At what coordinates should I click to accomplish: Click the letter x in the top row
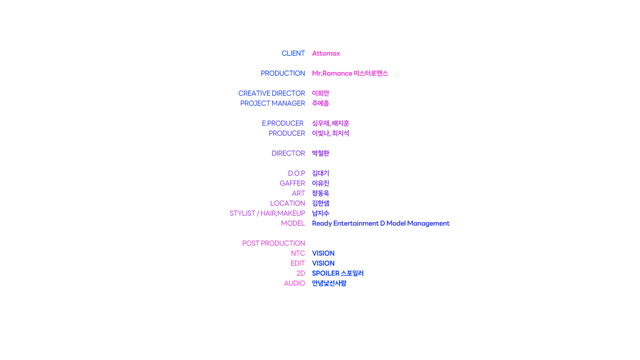tap(338, 54)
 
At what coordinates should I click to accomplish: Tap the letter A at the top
tap(313, 54)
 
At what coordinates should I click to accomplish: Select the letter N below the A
tap(313, 73)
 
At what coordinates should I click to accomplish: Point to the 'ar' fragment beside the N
tap(339, 73)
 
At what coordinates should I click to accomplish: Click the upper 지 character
tap(339, 123)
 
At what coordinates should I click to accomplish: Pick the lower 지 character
tap(339, 133)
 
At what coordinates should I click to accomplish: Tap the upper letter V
tap(313, 253)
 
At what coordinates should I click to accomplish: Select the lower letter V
tap(313, 263)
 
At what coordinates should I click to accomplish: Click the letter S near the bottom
tap(313, 273)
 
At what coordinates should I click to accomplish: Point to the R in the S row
tap(337, 273)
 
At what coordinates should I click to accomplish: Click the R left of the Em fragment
tap(313, 223)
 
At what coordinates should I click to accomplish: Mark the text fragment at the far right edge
tap(448, 224)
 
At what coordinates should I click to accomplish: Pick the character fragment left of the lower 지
tap(313, 133)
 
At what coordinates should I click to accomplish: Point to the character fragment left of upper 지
tap(313, 123)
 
